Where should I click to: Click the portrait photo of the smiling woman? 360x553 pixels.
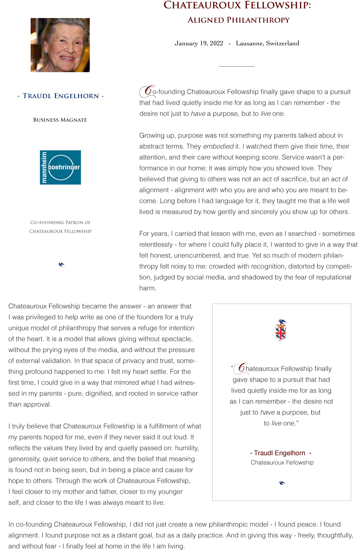click(60, 45)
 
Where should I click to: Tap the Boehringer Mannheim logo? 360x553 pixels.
click(60, 167)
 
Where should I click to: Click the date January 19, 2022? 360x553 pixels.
click(199, 43)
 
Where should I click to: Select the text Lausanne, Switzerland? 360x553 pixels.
click(267, 43)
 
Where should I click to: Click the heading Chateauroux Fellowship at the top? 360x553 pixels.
click(237, 5)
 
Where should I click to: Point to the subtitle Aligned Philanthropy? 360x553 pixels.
click(238, 20)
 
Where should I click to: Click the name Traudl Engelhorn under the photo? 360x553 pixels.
click(61, 96)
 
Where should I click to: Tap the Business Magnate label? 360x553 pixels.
click(60, 120)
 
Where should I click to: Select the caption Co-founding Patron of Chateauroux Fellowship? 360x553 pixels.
click(60, 227)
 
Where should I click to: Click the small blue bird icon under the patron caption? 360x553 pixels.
click(61, 264)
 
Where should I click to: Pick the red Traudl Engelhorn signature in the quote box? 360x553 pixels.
click(280, 453)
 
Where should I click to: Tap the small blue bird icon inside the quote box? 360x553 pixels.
click(282, 483)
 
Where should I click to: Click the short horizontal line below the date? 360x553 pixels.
click(237, 66)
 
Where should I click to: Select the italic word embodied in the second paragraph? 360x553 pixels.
click(218, 146)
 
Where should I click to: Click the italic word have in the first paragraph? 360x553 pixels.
click(198, 114)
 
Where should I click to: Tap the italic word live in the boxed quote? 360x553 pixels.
click(277, 423)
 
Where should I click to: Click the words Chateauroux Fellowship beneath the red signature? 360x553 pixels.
click(282, 462)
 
